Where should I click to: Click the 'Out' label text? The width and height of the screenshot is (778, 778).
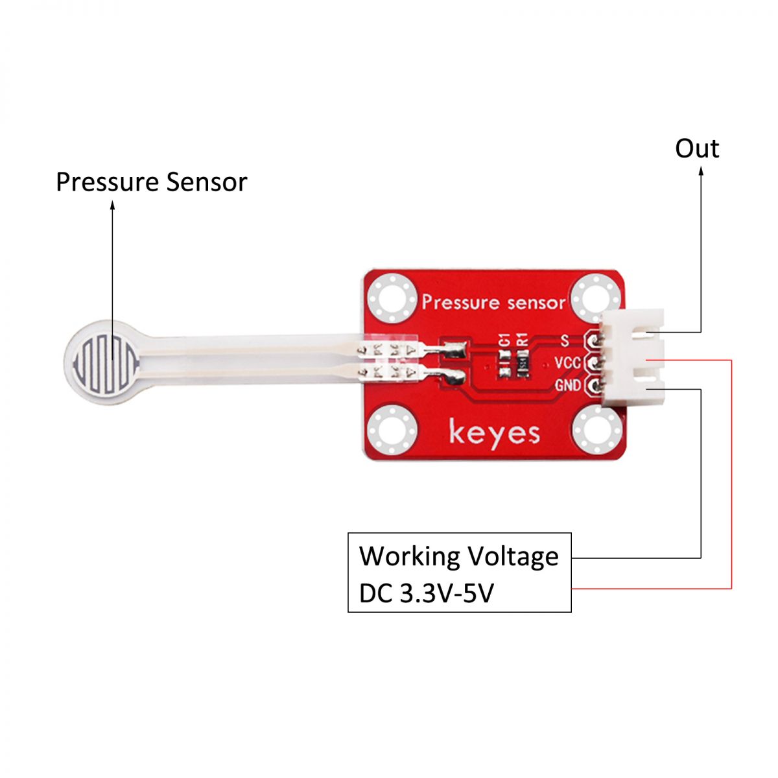tap(697, 148)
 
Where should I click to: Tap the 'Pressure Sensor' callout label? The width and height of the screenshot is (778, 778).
tap(151, 182)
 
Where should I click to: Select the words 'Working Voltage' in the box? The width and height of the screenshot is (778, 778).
tap(458, 556)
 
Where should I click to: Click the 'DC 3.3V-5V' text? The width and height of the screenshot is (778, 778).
tap(426, 593)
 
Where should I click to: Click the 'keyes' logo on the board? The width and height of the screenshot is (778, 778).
tap(494, 432)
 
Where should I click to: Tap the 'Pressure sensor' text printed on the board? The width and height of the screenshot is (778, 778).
tap(493, 302)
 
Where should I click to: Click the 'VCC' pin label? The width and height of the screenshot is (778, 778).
tap(567, 362)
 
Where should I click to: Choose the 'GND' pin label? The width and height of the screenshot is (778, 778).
tap(567, 386)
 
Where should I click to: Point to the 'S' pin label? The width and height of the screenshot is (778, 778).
tap(564, 340)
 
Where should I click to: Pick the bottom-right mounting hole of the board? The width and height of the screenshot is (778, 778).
tap(596, 430)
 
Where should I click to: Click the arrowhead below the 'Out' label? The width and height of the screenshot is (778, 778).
tap(701, 172)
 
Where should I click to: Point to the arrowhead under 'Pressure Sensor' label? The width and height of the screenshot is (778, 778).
tap(112, 205)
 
